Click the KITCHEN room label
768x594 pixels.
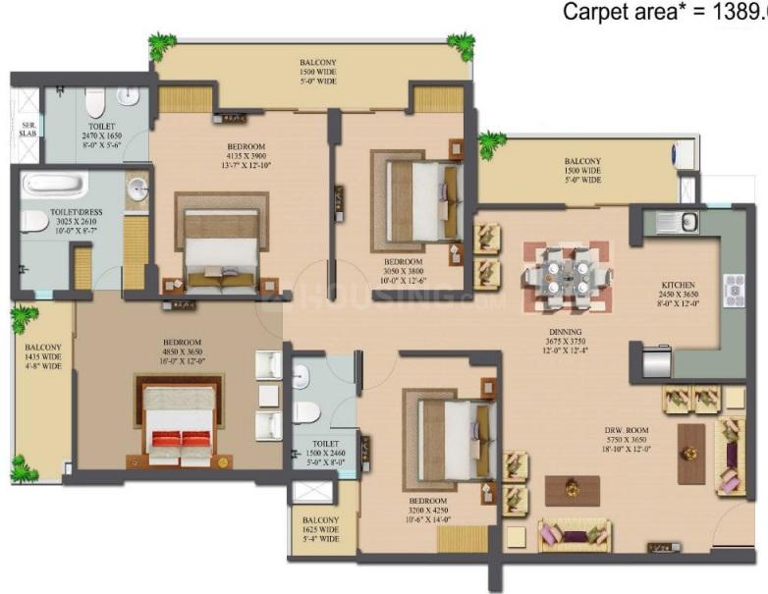(x=678, y=286)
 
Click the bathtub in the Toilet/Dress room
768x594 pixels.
(x=55, y=185)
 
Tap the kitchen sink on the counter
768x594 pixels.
(x=679, y=223)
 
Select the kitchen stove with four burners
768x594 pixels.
(x=733, y=290)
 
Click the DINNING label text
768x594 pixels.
(x=565, y=332)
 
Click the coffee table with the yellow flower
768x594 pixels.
(x=691, y=453)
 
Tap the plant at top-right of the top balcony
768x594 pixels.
(x=460, y=44)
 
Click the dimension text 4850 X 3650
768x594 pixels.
(x=183, y=351)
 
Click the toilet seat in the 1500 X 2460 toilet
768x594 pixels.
(x=305, y=408)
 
